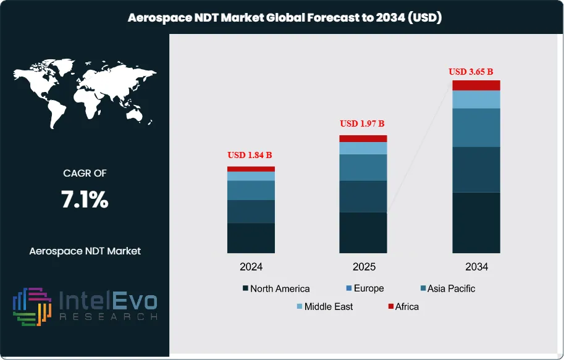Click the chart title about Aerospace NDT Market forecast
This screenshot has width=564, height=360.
[285, 19]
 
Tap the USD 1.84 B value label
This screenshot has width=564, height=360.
[251, 154]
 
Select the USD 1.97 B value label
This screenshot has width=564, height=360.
[363, 123]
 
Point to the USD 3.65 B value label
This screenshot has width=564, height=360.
[475, 72]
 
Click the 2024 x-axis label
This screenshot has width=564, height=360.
[251, 267]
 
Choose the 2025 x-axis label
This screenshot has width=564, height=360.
[363, 267]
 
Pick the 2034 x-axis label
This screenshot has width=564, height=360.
[476, 267]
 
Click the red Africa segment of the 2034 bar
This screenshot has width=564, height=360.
[476, 85]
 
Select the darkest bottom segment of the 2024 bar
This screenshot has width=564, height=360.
[251, 238]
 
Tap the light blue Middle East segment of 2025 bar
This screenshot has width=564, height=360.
[363, 148]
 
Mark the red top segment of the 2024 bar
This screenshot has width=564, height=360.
[251, 169]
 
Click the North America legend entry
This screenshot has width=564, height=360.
[276, 288]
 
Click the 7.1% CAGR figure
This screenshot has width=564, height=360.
[85, 199]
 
